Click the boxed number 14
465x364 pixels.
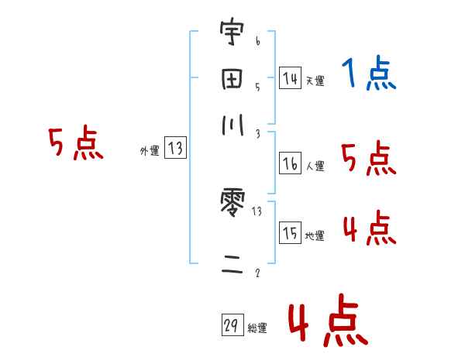pos(290,78)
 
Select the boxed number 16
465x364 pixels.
pos(290,164)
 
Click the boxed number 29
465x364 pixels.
pos(231,326)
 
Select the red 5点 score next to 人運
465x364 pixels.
pos(369,159)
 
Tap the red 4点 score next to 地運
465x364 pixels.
pos(369,228)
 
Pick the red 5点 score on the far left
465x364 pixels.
pos(75,145)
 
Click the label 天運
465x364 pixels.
pos(315,81)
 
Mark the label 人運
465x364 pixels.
pos(315,166)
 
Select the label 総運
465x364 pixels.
pos(257,328)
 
